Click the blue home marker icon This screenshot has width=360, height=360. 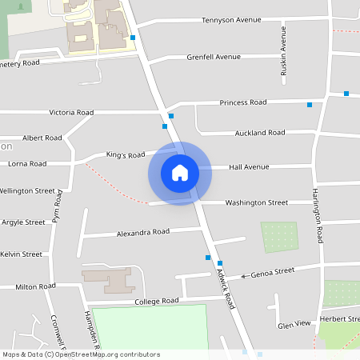click(x=179, y=173)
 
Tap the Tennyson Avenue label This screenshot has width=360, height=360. click(x=231, y=20)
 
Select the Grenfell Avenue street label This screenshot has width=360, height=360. click(x=214, y=58)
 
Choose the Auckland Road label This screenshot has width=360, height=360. click(x=260, y=133)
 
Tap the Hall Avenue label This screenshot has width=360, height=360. click(x=249, y=167)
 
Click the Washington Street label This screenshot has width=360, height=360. click(x=256, y=203)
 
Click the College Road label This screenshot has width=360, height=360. click(x=156, y=302)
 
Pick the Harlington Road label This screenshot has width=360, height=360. click(x=317, y=216)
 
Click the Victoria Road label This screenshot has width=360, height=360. click(x=71, y=113)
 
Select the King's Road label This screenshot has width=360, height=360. click(x=126, y=154)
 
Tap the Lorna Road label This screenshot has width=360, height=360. click(x=27, y=163)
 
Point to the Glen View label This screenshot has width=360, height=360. click(x=294, y=324)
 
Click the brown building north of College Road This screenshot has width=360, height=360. click(x=108, y=280)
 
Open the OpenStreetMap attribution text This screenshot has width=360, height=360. click(x=81, y=354)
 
